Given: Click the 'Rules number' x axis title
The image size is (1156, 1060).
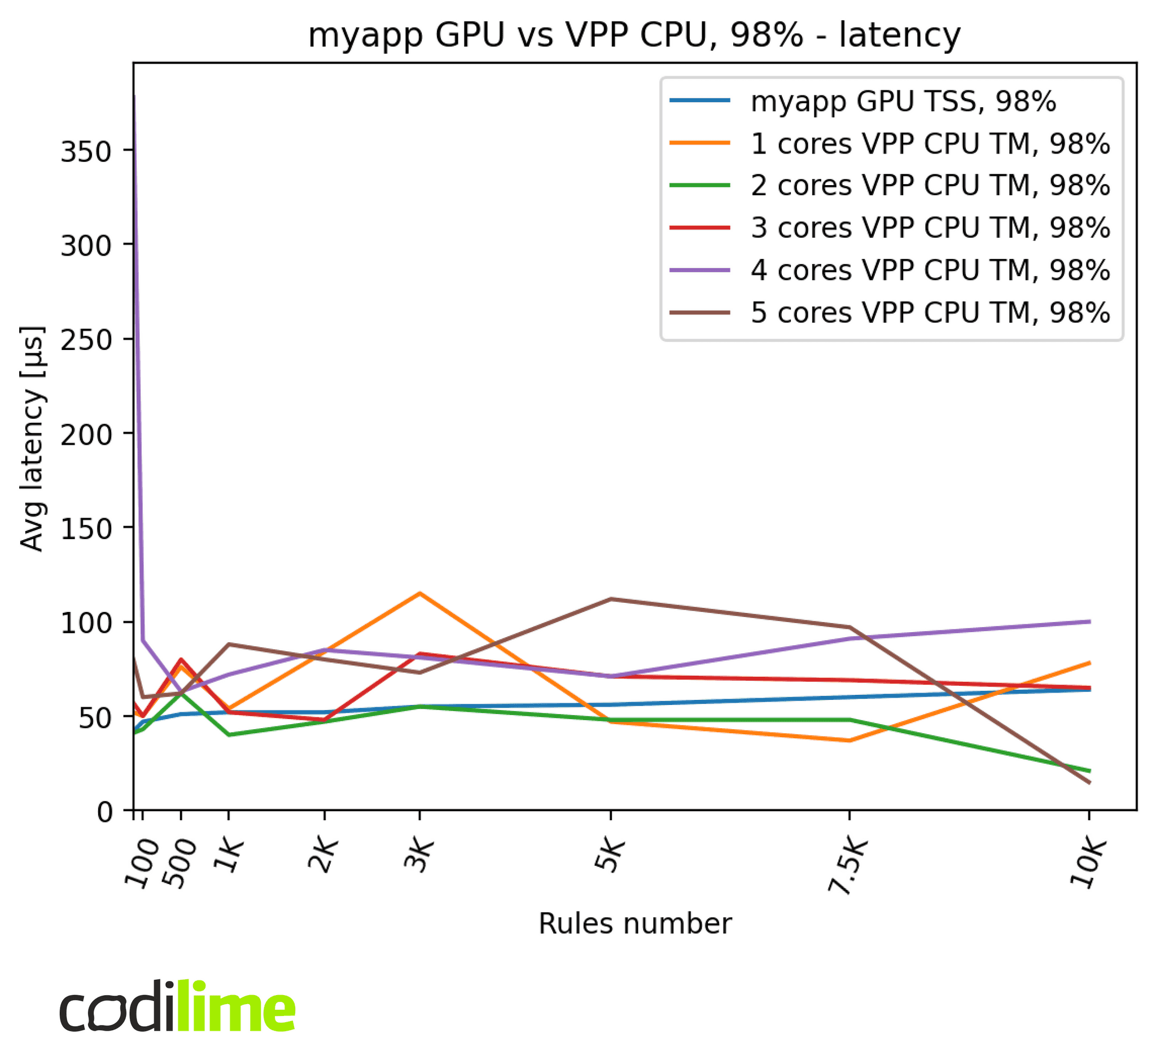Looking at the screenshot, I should click(634, 924).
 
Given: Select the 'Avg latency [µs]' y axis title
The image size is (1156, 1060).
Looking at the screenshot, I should click(32, 439).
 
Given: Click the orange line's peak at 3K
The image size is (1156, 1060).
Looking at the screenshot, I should click(419, 593).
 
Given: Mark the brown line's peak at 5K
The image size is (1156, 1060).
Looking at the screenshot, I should click(610, 599).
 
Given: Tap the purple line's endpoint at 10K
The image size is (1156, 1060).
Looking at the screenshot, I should click(1088, 621).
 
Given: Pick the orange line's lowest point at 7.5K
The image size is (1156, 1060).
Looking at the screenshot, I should click(849, 741).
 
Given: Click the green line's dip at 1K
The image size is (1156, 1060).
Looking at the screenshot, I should click(229, 735).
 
